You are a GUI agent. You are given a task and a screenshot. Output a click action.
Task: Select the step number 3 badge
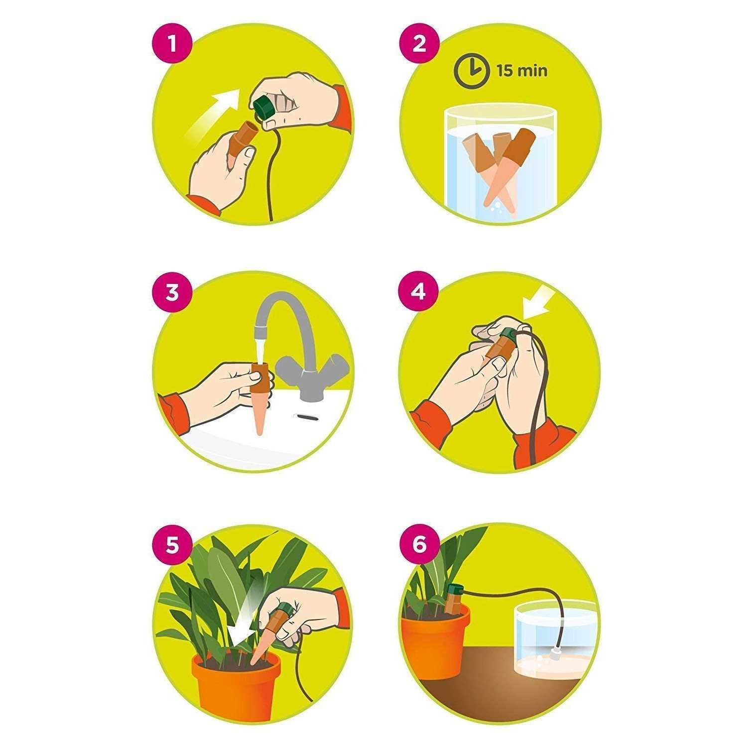[x=172, y=292]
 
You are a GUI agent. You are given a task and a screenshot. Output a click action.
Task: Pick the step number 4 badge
[x=419, y=292]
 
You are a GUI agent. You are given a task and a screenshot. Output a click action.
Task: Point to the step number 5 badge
[x=172, y=545]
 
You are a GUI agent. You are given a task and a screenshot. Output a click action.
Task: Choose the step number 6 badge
[x=419, y=545]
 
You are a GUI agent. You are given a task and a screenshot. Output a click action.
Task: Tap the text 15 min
[x=521, y=71]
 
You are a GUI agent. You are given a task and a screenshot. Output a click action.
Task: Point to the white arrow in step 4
[x=535, y=305]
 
